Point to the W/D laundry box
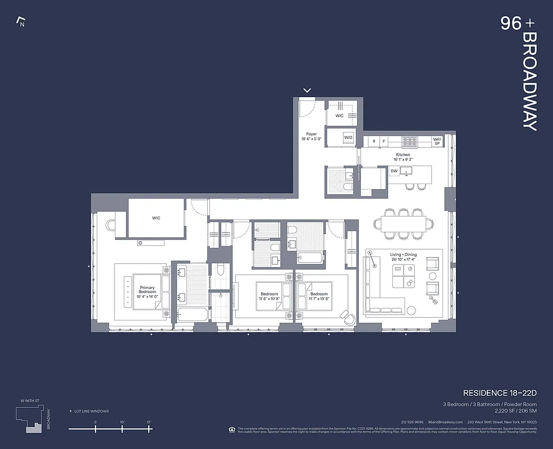(348, 137)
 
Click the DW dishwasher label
(394, 171)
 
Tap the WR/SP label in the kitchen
(437, 141)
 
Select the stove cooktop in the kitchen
(410, 141)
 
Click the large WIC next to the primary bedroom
(156, 218)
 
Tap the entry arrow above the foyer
(307, 90)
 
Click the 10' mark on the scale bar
(122, 428)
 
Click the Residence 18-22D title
(500, 392)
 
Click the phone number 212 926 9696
(412, 422)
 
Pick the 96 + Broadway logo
(520, 73)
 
